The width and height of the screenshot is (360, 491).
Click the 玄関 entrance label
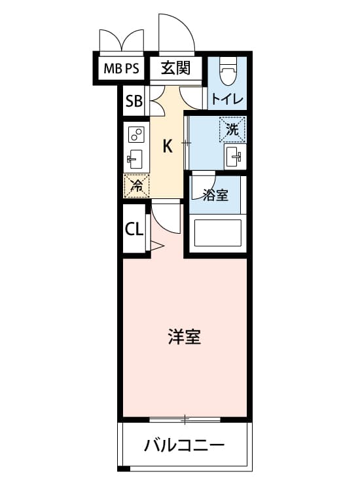[175, 67]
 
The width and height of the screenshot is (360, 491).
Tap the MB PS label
[121, 68]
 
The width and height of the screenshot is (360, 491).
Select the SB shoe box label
[134, 101]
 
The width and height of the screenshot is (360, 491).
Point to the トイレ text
[227, 100]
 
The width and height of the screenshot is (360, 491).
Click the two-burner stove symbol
[136, 135]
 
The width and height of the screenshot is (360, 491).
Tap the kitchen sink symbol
[135, 159]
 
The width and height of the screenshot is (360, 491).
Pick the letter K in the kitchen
[168, 146]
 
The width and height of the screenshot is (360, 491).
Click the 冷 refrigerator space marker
[137, 186]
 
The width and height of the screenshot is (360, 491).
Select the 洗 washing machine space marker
[232, 130]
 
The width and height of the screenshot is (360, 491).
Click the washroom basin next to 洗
[235, 156]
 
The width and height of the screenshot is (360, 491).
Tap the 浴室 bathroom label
[215, 195]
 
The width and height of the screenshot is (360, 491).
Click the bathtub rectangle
[218, 232]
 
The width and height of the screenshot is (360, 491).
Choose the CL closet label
[134, 230]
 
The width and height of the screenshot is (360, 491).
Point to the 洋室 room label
[185, 336]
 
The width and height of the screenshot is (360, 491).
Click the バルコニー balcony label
[185, 445]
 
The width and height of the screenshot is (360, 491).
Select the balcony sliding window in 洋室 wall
[185, 420]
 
